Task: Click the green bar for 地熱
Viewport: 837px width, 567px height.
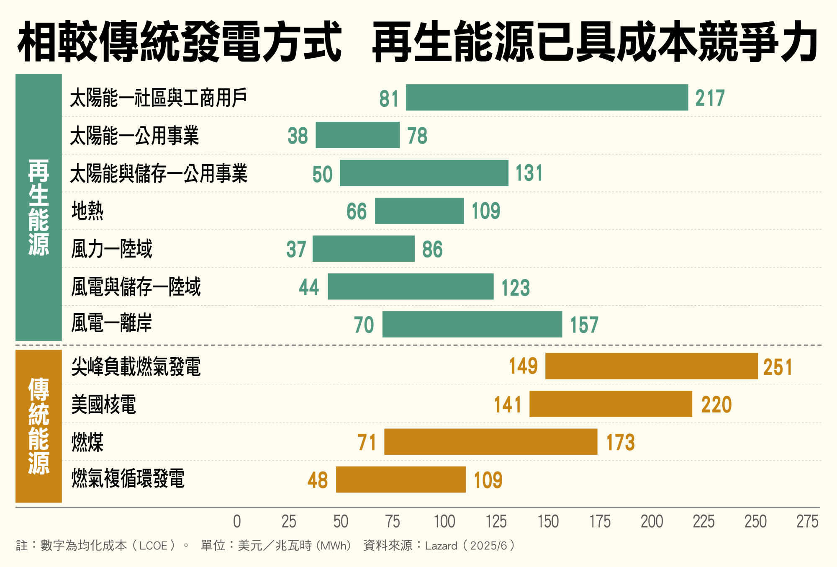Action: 419,211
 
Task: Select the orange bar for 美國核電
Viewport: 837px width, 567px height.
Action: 611,404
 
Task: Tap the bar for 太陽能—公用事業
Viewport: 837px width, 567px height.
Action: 357,135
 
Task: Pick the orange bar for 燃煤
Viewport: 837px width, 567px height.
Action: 490,442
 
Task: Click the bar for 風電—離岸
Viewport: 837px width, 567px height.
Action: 472,325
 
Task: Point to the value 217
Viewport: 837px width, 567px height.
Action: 710,98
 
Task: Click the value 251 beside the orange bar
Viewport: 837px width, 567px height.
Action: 778,367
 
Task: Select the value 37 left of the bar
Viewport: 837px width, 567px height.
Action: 296,249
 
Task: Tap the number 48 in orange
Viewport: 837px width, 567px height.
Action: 317,480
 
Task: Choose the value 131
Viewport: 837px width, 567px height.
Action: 529,173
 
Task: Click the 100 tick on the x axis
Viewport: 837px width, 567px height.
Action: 444,522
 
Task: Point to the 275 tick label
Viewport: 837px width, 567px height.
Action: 807,522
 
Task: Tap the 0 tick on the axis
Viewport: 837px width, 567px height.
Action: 237,522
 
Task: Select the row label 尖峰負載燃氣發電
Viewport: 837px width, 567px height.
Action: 136,367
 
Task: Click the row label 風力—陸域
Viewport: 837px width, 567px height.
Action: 111,249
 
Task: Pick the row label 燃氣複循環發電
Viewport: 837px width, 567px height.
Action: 128,479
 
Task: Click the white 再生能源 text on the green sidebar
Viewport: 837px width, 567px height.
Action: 39,207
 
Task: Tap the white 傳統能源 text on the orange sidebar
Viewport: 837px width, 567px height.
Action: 39,426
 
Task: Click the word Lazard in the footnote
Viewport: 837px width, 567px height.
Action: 441,546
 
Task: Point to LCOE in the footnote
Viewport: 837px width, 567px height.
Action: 154,546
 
